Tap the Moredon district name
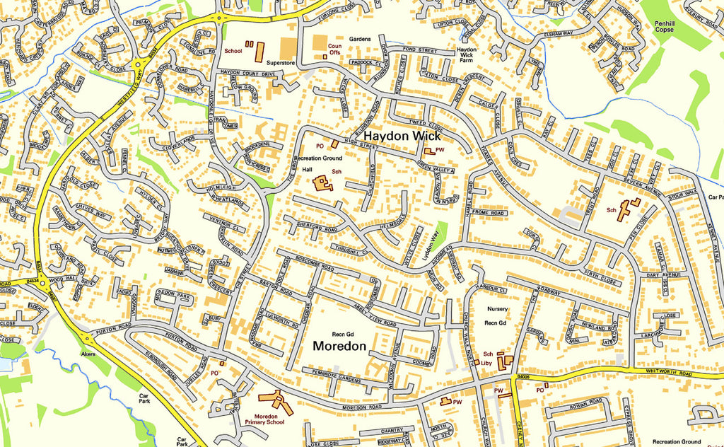pos(340,347)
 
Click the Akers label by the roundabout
pos(88,352)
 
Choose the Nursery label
pos(497,309)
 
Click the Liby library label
pos(486,363)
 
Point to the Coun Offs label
pos(334,49)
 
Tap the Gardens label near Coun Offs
pos(359,39)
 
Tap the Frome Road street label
pos(489,213)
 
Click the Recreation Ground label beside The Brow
pos(317,159)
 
